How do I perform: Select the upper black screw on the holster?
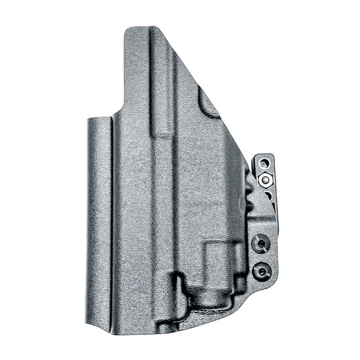(x=259, y=243)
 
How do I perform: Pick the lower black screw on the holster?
(x=259, y=271)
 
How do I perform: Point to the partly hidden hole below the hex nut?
(x=267, y=195)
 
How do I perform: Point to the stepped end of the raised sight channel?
(x=163, y=132)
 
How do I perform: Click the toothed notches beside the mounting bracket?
(x=251, y=203)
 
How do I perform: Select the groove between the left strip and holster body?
(x=111, y=216)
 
